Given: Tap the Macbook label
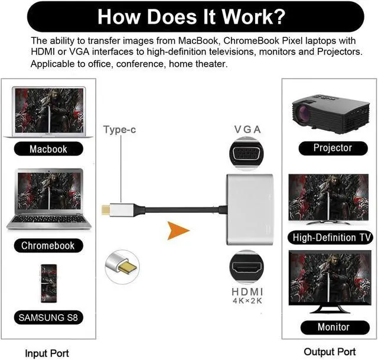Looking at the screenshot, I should click(x=48, y=149).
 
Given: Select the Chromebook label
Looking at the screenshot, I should click(x=48, y=245).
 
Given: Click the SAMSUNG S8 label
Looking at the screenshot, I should click(x=48, y=317).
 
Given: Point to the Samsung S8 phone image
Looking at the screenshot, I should click(x=48, y=283).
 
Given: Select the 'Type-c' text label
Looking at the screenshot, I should click(x=120, y=129).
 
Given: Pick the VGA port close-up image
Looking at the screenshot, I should click(x=247, y=154).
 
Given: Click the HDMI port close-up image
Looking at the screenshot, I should click(x=247, y=267).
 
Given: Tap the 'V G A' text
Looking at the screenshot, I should click(x=247, y=129).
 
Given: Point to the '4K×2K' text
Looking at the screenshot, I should click(x=247, y=301).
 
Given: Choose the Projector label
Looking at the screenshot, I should click(x=333, y=148).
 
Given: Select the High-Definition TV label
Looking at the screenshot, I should click(x=332, y=238).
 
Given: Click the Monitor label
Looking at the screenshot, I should click(x=333, y=327).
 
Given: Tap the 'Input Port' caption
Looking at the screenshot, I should click(x=47, y=353).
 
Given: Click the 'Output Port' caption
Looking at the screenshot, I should click(x=330, y=352).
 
